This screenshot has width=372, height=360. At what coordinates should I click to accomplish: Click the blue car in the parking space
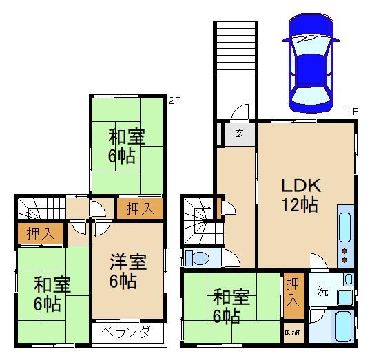[x=311, y=63]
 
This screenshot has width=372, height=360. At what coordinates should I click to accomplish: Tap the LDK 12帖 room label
[x=299, y=195]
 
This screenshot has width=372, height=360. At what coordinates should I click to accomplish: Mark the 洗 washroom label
[x=322, y=291]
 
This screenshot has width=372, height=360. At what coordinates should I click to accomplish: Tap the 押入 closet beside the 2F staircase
[x=39, y=234]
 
